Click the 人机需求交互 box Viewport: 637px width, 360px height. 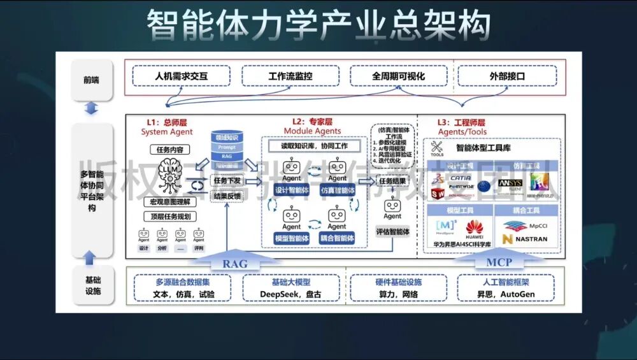click(182, 76)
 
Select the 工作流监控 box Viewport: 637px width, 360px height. click(290, 76)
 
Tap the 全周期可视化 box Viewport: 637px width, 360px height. click(399, 76)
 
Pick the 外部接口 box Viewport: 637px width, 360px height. click(507, 76)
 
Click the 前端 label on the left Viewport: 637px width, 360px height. click(91, 80)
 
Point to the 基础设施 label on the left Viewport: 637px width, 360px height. click(92, 285)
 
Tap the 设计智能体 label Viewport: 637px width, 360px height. click(292, 191)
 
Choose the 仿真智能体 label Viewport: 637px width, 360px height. click(337, 191)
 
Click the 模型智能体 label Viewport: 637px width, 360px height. click(292, 238)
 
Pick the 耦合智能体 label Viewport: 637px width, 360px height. click(337, 238)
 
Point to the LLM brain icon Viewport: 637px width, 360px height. click(169, 174)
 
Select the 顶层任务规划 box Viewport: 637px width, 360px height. click(169, 217)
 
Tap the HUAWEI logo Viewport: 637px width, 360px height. click(475, 229)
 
